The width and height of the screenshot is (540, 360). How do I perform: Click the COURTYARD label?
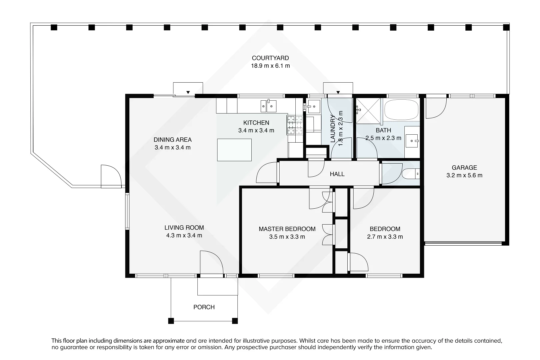(x=270, y=58)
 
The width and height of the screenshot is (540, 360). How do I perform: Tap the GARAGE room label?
(x=464, y=168)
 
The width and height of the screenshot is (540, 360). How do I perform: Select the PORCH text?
(x=204, y=307)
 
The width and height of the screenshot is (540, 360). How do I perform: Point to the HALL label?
(x=337, y=174)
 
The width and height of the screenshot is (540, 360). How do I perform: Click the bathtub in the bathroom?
(x=401, y=110)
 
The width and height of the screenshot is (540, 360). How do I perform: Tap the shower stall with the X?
(x=368, y=111)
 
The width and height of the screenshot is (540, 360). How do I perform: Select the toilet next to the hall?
(x=411, y=174)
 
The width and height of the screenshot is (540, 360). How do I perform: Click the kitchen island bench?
(x=234, y=150)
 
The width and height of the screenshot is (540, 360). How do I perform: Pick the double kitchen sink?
(x=268, y=106)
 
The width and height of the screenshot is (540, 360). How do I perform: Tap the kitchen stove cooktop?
(x=295, y=125)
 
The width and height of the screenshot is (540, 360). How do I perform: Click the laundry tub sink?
(x=313, y=106)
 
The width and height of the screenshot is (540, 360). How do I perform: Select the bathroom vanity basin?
(x=412, y=141)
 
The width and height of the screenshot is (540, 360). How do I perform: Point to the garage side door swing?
(x=436, y=108)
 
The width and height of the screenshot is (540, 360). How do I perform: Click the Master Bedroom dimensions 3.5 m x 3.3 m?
(x=287, y=237)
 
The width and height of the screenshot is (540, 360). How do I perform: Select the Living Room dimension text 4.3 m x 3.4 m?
(x=184, y=235)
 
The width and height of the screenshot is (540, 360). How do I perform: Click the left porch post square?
(x=171, y=321)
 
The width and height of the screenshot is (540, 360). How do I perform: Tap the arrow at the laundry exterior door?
(x=338, y=92)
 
